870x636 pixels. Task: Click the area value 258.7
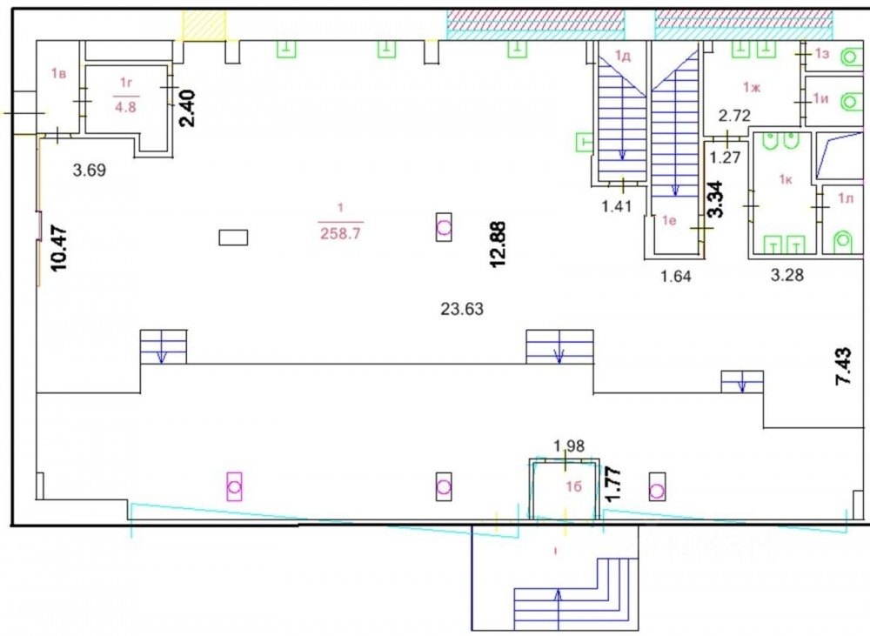click(341, 233)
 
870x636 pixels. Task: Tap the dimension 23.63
click(462, 309)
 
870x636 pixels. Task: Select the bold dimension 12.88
click(498, 244)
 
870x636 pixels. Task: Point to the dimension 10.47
click(59, 247)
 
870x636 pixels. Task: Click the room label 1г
click(126, 84)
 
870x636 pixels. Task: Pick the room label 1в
click(59, 73)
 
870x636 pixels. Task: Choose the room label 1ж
click(752, 87)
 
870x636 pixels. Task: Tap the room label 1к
click(785, 179)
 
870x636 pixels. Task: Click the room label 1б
click(573, 486)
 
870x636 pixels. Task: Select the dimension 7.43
click(843, 366)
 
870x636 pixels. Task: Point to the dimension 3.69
click(90, 170)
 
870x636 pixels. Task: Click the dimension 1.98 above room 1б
click(569, 445)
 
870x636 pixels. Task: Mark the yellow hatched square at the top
click(204, 24)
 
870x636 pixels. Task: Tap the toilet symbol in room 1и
click(848, 102)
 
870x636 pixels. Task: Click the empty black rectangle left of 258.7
click(233, 238)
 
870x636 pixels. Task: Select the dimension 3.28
click(787, 275)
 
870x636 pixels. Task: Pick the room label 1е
click(670, 220)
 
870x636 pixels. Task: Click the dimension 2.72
click(734, 116)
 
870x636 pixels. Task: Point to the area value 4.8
click(125, 106)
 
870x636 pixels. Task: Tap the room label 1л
click(846, 198)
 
